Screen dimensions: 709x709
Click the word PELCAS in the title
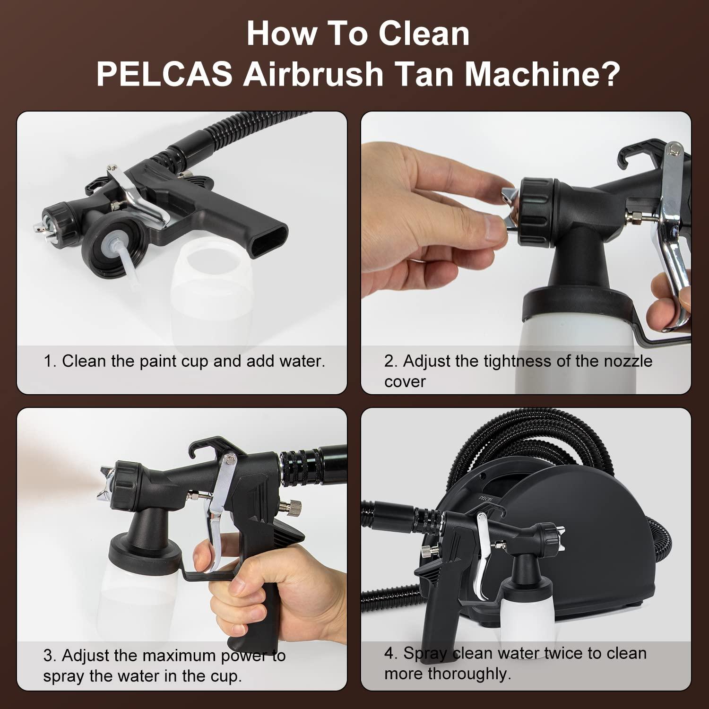coord(164,74)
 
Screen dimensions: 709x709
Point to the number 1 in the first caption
coord(49,361)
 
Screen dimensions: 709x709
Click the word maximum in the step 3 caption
coord(178,656)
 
